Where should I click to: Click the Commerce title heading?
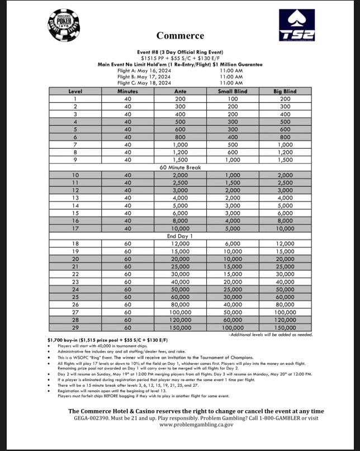[180, 36]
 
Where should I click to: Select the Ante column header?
[180, 91]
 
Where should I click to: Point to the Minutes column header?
[127, 91]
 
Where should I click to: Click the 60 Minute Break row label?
[180, 167]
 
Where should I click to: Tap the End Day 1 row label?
[180, 236]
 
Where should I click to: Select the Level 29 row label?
[75, 327]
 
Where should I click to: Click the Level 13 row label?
[75, 197]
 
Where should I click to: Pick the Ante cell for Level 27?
[180, 312]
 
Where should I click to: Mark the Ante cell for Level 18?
[180, 243]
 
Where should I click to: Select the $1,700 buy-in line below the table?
[108, 340]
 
